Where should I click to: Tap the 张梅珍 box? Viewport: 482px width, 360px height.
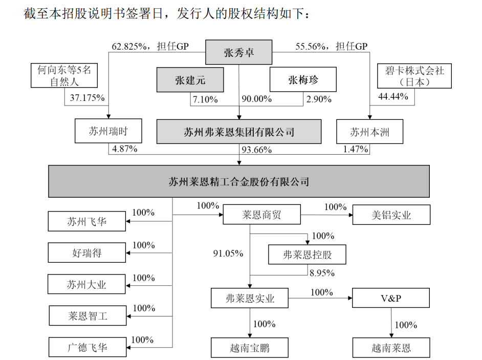coord(303,80)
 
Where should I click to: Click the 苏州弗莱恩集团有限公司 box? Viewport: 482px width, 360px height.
coord(239,132)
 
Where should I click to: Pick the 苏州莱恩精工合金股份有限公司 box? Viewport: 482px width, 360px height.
coord(239,181)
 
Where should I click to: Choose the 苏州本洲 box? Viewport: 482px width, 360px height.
coord(370,132)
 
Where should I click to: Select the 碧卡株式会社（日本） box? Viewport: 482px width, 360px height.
coord(414,76)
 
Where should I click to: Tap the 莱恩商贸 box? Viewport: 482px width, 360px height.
coord(261,216)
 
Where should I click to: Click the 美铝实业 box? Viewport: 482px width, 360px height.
coord(391,216)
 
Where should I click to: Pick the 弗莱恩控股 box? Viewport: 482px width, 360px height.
coord(307,255)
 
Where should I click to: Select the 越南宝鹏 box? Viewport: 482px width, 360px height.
coord(250,349)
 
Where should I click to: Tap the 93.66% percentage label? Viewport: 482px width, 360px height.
coord(256,150)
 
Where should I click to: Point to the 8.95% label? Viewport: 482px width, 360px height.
coord(322,272)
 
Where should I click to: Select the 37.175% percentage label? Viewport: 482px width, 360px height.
coord(84,97)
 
